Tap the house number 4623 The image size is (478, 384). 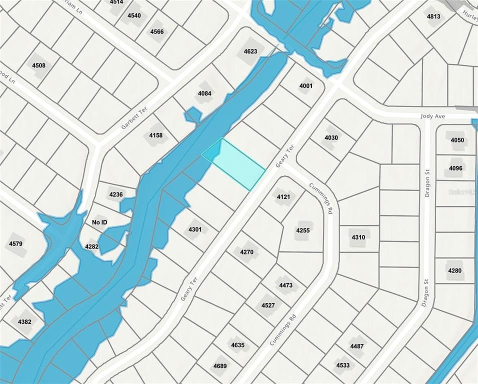(250, 51)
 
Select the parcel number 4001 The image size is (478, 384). (306, 86)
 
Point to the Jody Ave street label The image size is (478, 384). (432, 116)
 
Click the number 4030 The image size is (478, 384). (331, 138)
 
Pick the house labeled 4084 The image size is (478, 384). (204, 93)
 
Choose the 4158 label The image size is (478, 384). (156, 135)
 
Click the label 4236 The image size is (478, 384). (115, 194)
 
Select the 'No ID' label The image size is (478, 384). (100, 221)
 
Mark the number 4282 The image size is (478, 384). (92, 246)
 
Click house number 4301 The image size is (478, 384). (195, 229)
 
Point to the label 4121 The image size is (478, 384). (283, 197)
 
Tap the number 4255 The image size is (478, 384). (303, 230)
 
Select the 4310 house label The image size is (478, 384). (358, 237)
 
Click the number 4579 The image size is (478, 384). (16, 243)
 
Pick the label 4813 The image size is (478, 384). (433, 16)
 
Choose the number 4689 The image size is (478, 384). (220, 365)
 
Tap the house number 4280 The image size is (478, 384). (454, 270)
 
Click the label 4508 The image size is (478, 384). (38, 65)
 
